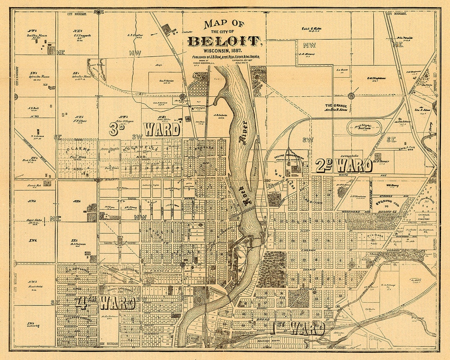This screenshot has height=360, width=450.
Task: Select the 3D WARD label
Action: click(145, 129)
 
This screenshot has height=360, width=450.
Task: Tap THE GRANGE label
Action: click(336, 106)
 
